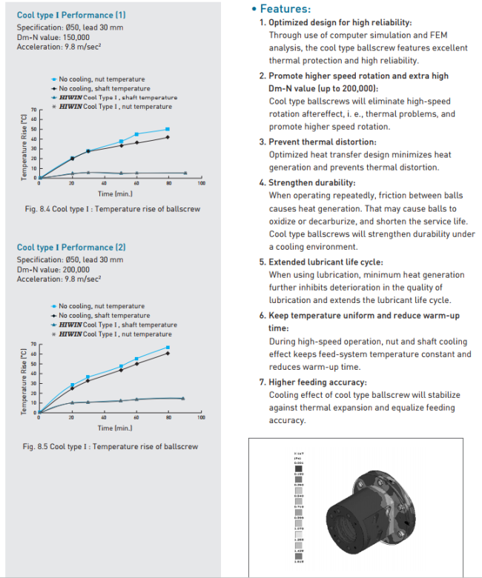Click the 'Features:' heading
tap(285, 9)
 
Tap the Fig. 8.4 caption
tap(112, 209)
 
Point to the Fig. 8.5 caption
tap(112, 446)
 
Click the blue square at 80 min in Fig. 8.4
tap(168, 129)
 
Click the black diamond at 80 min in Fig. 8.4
tap(168, 137)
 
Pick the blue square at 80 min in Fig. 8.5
tap(168, 348)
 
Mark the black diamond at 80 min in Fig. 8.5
tap(168, 353)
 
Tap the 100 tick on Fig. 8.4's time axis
tap(201, 183)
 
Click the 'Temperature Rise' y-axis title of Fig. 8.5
tap(24, 379)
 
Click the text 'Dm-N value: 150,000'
tap(53, 37)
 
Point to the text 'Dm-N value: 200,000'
tap(53, 269)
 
